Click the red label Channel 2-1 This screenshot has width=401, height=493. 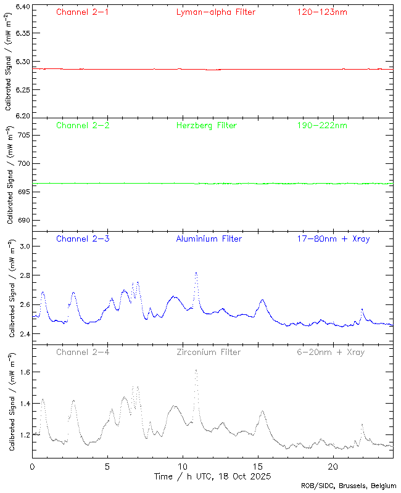(x=82, y=12)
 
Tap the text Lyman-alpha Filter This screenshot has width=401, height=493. (x=215, y=12)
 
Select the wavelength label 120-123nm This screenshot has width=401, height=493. (x=321, y=12)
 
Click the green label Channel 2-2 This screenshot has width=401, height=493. (x=82, y=125)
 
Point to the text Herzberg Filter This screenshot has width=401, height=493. (x=206, y=125)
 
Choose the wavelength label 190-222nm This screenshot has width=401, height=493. (x=321, y=125)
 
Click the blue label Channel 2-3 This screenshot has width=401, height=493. (x=82, y=238)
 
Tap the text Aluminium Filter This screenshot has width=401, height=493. (x=209, y=238)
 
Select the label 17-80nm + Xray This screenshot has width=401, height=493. (x=333, y=238)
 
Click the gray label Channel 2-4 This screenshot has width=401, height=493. (x=82, y=352)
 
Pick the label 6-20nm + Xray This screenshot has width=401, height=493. (x=330, y=352)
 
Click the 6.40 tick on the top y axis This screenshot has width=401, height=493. (x=22, y=7)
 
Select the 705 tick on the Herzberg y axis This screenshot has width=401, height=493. (x=23, y=134)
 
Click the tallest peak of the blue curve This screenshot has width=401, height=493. (x=196, y=272)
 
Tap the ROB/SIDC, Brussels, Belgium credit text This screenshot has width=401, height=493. (x=349, y=486)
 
